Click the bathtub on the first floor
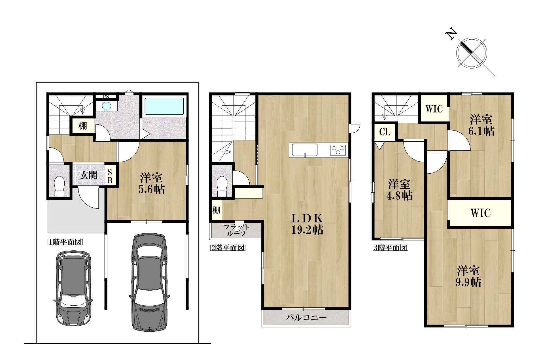tap(164, 106)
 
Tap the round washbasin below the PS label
tap(107, 106)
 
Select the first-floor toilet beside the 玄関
tap(59, 186)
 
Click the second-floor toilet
tap(222, 186)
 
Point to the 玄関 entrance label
tap(89, 175)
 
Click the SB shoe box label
tap(110, 176)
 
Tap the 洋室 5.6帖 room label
tap(152, 183)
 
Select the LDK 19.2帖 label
tap(307, 224)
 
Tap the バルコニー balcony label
tap(306, 317)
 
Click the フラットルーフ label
tap(236, 230)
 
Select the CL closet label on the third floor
tap(385, 132)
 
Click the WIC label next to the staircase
tap(434, 109)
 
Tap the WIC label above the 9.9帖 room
tap(481, 213)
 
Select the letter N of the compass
tap(451, 34)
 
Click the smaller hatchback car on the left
tap(73, 288)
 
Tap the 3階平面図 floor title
tap(391, 248)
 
